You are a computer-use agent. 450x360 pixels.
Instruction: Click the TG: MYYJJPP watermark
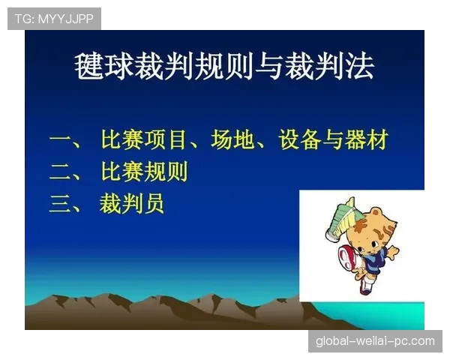(54, 19)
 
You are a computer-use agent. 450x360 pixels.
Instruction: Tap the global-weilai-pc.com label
(374, 341)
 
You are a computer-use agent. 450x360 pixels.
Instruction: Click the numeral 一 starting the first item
(61, 140)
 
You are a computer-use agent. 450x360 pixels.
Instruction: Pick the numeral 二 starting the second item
(61, 172)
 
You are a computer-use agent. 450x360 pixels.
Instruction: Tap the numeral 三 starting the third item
(61, 204)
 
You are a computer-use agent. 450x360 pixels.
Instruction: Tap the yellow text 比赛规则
(143, 172)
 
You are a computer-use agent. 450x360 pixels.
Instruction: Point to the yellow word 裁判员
(131, 204)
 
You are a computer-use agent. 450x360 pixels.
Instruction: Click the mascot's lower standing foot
(365, 289)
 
